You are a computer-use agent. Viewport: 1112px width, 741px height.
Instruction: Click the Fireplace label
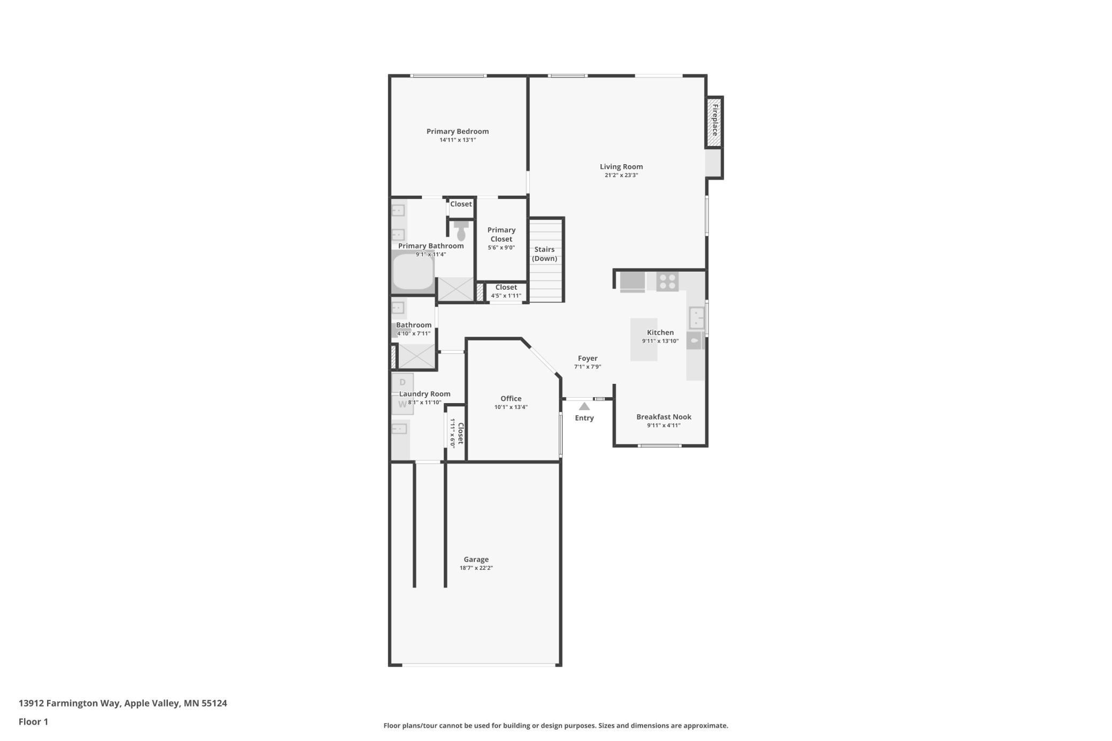tap(715, 120)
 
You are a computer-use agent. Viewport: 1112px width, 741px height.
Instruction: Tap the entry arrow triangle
tap(584, 406)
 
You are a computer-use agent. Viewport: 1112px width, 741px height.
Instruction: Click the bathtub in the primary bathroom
tap(413, 273)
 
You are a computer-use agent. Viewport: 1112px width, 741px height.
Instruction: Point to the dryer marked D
tap(403, 382)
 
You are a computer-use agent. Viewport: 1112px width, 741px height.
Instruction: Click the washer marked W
tap(403, 405)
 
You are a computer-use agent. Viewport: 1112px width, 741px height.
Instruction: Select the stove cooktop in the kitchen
tap(667, 282)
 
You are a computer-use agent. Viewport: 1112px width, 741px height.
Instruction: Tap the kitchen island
tap(643, 340)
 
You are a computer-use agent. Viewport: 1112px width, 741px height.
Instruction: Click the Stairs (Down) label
tap(544, 254)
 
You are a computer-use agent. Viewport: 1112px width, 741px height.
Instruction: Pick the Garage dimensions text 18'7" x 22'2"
tap(476, 568)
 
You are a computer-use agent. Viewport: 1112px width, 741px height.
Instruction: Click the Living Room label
tap(621, 167)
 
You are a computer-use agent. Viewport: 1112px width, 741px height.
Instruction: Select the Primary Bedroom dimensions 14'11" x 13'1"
tap(458, 140)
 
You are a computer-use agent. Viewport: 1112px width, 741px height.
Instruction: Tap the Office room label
tap(511, 398)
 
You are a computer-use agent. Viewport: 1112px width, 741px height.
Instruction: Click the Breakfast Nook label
tap(663, 417)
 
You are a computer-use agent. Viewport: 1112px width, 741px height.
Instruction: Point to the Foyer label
tap(588, 358)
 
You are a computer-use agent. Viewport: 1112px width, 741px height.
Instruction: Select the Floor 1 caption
tap(33, 722)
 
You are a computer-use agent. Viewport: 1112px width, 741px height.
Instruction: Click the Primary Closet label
tap(501, 234)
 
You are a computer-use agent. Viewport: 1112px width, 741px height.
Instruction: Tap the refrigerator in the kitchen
tap(632, 282)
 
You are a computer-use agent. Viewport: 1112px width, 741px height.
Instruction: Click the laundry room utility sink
tap(399, 429)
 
